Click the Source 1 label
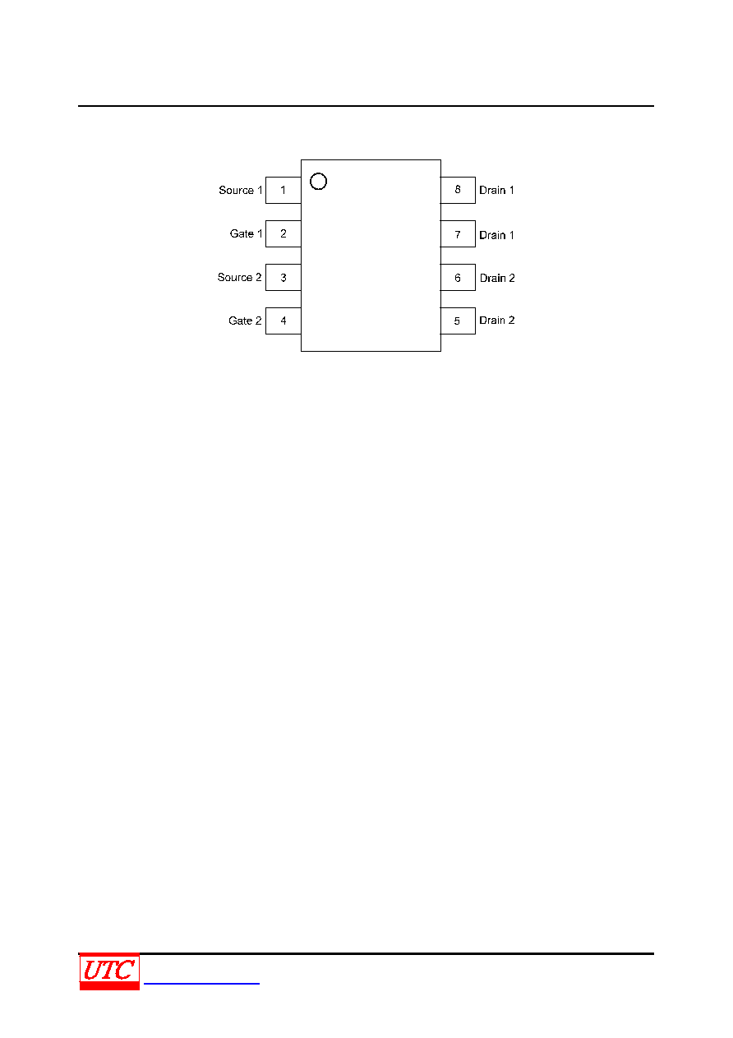[x=241, y=190]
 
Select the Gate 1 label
[x=246, y=233]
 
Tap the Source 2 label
[x=240, y=277]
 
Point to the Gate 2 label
[x=245, y=321]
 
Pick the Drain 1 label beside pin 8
[x=496, y=190]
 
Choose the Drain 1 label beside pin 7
[x=496, y=235]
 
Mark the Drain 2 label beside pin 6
[x=497, y=278]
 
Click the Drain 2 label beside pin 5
[x=496, y=321]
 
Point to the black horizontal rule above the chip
[x=366, y=106]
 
